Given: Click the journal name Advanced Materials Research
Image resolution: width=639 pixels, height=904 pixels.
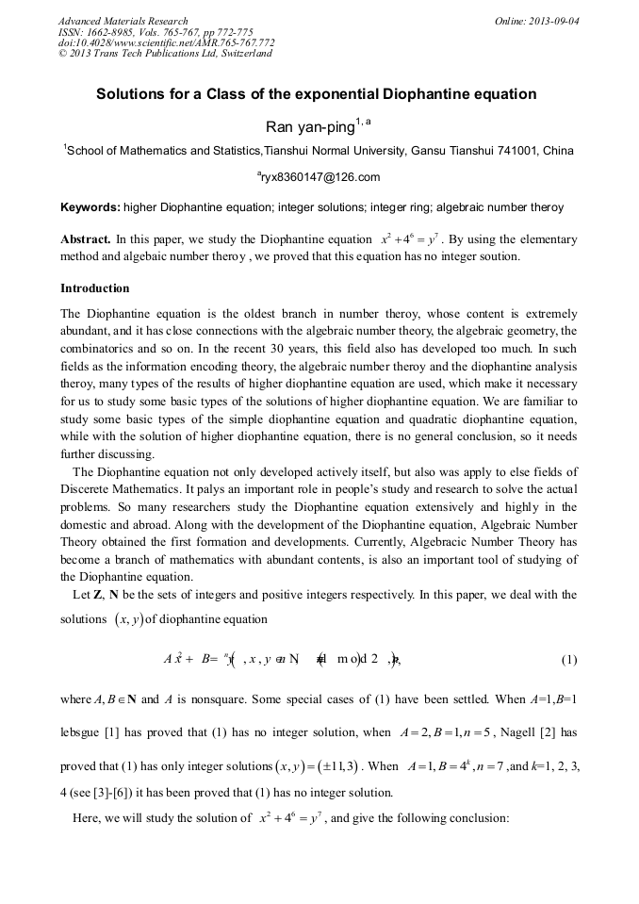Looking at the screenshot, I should pyautogui.click(x=123, y=21).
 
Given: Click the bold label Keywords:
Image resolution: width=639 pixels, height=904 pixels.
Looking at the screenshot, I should pyautogui.click(x=90, y=207).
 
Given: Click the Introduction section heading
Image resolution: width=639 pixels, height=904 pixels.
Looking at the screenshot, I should pyautogui.click(x=94, y=288).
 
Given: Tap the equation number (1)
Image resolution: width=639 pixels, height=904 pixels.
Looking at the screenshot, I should pyautogui.click(x=568, y=660).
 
